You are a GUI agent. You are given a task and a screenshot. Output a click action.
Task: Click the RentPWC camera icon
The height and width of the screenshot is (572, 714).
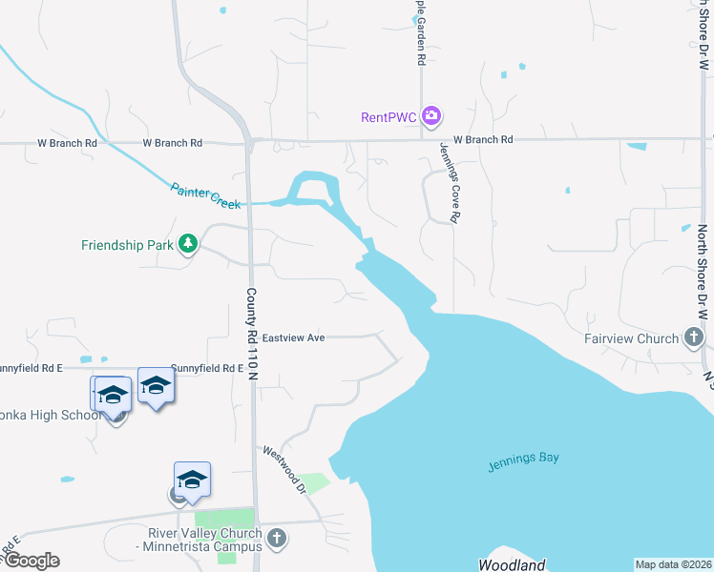[x=431, y=116]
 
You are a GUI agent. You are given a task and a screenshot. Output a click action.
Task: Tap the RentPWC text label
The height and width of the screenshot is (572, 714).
[x=389, y=117]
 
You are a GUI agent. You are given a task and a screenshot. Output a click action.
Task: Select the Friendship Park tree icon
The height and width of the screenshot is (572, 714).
[x=189, y=244]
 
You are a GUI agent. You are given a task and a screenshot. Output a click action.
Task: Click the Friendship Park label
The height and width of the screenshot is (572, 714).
[x=127, y=245]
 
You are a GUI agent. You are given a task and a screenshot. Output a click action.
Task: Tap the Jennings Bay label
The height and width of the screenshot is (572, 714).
[x=523, y=459]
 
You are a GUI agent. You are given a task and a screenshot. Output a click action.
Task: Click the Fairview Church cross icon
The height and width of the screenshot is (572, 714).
[x=694, y=337]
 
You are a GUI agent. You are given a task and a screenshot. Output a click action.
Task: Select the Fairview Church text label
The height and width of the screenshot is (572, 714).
[x=631, y=338]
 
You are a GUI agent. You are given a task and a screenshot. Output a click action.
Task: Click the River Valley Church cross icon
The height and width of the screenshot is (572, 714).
[x=277, y=539]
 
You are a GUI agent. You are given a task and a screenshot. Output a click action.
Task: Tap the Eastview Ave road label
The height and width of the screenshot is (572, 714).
[x=294, y=337]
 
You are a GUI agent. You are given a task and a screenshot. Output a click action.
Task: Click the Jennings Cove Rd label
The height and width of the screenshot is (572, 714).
[x=450, y=183]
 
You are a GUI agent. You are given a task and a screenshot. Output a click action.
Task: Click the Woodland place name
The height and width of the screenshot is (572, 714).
[x=511, y=564]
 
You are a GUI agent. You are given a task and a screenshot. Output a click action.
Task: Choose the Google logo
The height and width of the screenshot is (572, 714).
[x=31, y=561]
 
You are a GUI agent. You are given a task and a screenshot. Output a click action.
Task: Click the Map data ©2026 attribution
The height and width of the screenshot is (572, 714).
[x=673, y=564]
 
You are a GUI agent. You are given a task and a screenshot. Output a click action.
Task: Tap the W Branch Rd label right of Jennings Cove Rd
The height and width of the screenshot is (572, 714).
[x=483, y=139]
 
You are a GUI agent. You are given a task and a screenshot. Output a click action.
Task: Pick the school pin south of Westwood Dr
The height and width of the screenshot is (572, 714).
[x=192, y=480]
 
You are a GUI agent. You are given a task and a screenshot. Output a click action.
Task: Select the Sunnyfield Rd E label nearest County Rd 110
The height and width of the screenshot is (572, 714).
[x=202, y=367]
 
